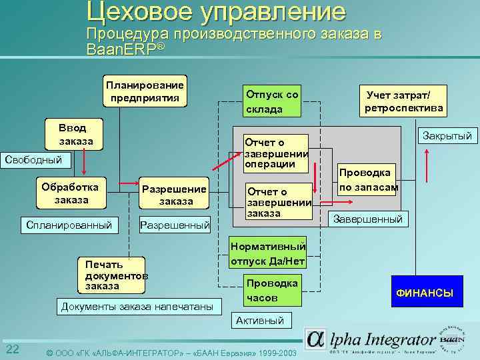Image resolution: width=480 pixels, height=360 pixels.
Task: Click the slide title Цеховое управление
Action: [216, 12]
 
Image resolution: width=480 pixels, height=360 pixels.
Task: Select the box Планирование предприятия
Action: [145, 92]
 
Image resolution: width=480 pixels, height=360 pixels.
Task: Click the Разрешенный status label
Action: [175, 225]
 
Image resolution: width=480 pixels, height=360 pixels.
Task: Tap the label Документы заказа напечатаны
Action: [137, 307]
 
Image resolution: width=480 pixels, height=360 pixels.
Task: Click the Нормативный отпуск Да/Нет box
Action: [269, 253]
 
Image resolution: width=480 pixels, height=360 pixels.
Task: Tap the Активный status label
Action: [260, 321]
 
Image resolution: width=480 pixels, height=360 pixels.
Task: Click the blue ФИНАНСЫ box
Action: [425, 293]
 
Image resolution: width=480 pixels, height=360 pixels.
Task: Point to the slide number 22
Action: [12, 351]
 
